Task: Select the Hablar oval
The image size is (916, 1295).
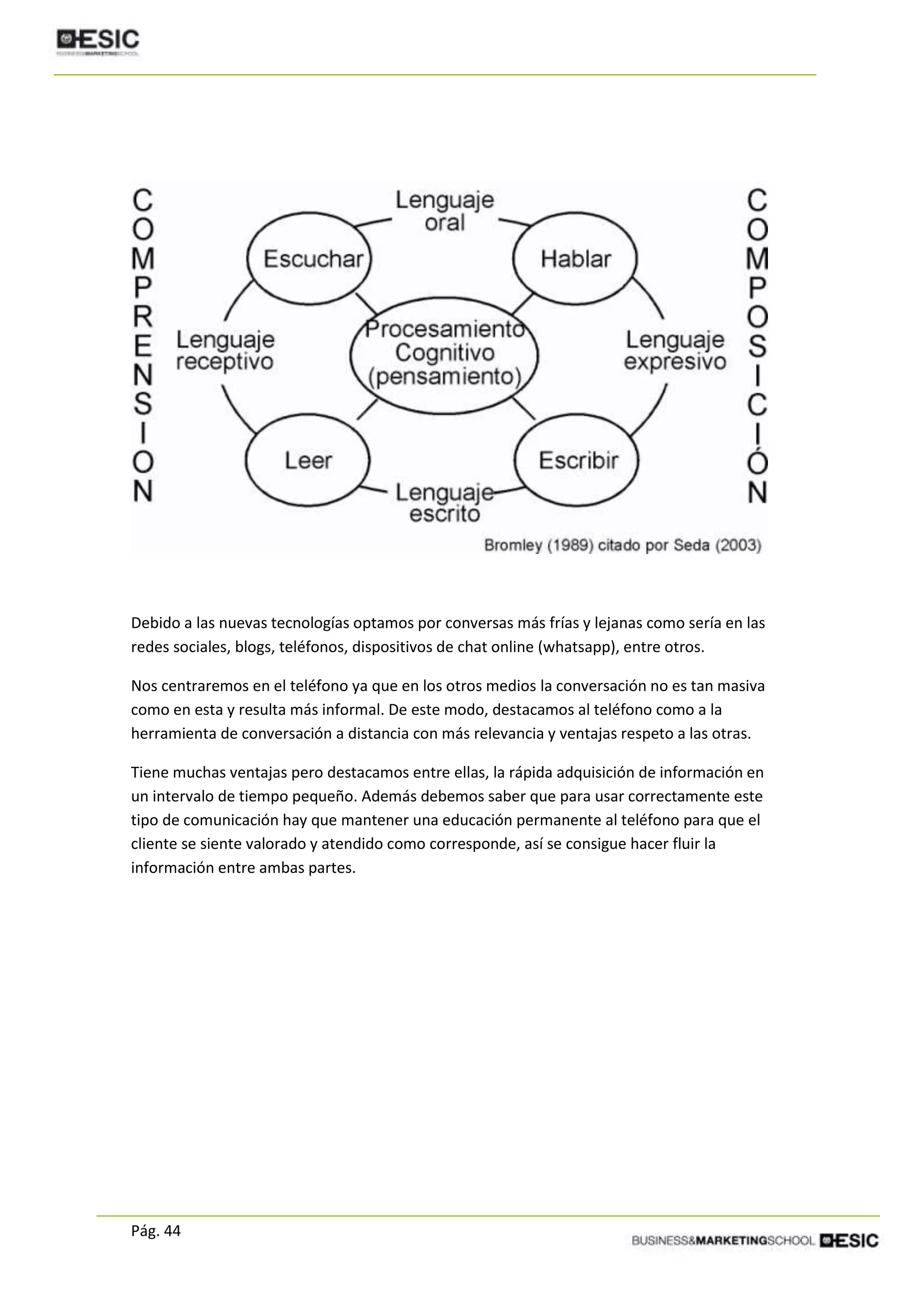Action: click(575, 259)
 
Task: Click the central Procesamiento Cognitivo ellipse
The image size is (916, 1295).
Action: click(445, 353)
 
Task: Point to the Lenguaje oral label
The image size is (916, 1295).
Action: click(445, 211)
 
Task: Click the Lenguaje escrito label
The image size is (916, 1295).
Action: click(445, 503)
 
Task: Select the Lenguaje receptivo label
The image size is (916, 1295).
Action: click(225, 350)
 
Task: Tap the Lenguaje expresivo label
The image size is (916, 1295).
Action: click(674, 350)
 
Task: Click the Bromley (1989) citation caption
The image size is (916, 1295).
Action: click(622, 546)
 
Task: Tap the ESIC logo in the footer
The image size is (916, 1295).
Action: click(849, 1240)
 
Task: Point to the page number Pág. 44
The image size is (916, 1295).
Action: click(156, 1231)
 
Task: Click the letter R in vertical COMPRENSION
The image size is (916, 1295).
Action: click(143, 317)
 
